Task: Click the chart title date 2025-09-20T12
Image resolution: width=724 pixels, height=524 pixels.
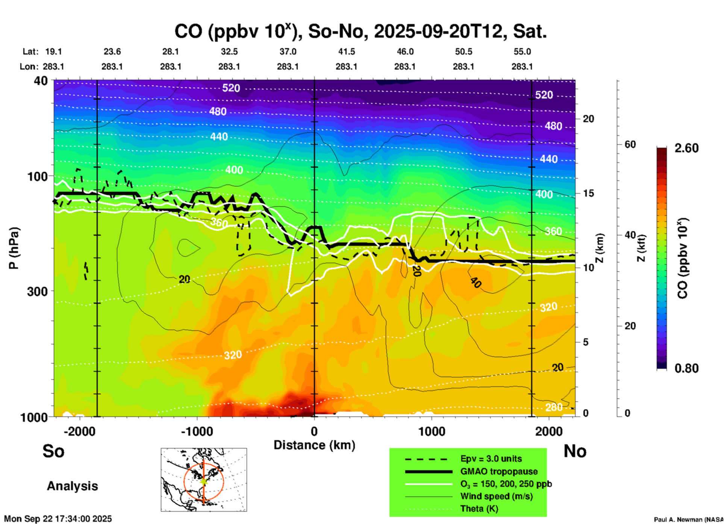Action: point(438,32)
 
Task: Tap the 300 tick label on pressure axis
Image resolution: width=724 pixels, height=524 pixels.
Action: point(38,291)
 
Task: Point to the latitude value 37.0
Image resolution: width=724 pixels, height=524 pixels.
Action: point(288,52)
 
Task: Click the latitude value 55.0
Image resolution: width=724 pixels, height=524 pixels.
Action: point(522,52)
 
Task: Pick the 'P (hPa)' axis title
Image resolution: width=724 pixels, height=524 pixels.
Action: point(14,248)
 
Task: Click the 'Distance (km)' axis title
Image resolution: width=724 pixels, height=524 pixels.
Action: point(314,445)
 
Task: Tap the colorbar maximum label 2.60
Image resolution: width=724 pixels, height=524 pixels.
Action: point(686,148)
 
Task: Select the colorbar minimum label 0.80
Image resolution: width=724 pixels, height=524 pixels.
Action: point(686,368)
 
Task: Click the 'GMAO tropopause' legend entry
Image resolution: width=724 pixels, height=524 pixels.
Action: point(499,471)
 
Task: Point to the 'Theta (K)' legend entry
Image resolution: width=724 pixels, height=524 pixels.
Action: point(479,509)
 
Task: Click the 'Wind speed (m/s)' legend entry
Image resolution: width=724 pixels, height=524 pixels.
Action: point(496,496)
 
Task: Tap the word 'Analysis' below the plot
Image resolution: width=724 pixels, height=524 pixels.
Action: point(72,486)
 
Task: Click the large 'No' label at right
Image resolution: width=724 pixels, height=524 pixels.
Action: point(575,451)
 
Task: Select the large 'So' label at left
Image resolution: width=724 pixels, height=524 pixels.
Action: point(53,451)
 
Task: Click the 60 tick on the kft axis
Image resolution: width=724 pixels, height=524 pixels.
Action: point(630,145)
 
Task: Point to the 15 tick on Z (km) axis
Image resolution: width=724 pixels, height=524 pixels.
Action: point(588,193)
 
